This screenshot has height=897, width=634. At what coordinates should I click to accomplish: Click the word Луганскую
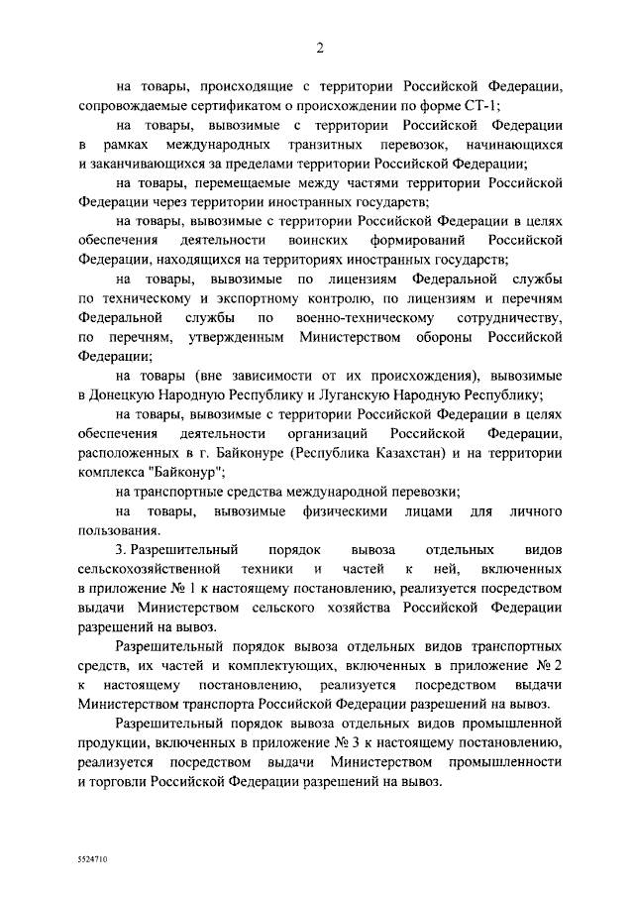point(342,394)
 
